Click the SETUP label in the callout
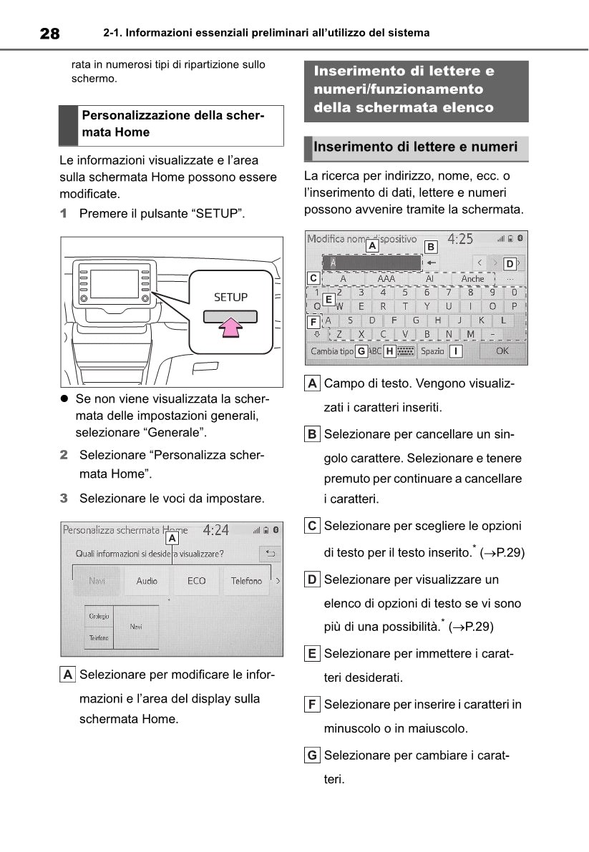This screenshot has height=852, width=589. [x=230, y=297]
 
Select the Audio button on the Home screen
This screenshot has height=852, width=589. [x=147, y=581]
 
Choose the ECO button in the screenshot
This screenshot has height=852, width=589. [x=197, y=581]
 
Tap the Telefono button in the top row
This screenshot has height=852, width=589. [x=246, y=581]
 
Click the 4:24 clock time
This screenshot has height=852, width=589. [x=215, y=530]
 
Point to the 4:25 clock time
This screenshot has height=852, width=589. [x=460, y=239]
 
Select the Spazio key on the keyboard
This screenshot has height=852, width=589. [x=432, y=351]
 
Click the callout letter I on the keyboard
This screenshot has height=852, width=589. [x=455, y=351]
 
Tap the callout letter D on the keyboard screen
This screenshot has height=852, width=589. [x=510, y=263]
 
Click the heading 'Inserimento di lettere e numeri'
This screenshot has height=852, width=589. [x=415, y=147]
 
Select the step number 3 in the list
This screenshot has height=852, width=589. [x=64, y=498]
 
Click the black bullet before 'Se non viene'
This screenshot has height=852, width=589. [x=64, y=398]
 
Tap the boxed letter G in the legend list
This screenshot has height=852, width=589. [x=312, y=755]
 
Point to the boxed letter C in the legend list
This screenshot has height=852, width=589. [x=312, y=526]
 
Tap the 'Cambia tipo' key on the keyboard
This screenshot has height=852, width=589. [x=332, y=351]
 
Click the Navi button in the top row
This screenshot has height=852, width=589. [x=97, y=581]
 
